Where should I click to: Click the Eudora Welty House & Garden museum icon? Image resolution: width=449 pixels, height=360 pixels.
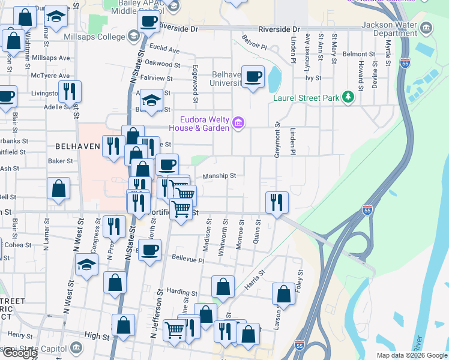pos(239,123)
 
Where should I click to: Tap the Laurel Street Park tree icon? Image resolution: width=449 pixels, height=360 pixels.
pos(348,97)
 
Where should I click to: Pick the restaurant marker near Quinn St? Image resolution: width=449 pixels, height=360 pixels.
pos(276,202)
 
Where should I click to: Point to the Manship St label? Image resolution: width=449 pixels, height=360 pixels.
pos(219,176)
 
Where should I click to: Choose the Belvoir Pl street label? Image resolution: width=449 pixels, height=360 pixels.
pos(254,45)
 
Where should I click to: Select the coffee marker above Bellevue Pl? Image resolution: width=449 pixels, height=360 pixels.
pos(150,250)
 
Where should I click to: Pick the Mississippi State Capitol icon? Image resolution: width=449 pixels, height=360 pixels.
pos(76,347)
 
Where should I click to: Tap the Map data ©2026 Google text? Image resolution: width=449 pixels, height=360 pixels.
pos(412,355)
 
